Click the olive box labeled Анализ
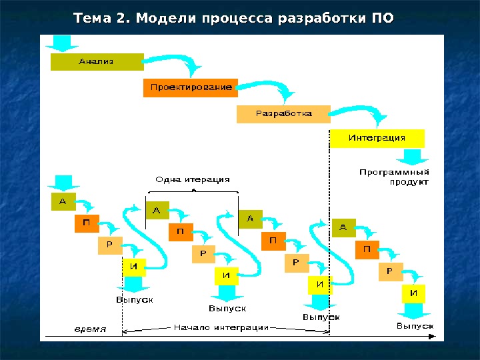point(97,62)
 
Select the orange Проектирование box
point(190,87)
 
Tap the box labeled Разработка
point(283,114)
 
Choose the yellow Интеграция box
point(377,139)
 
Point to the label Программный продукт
point(394,177)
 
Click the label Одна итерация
point(192,179)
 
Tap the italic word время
point(89,328)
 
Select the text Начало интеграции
point(221,327)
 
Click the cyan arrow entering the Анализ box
point(62,43)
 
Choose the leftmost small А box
point(63,201)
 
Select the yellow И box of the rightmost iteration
point(414,293)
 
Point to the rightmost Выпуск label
point(415,326)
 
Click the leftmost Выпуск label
point(135,299)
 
